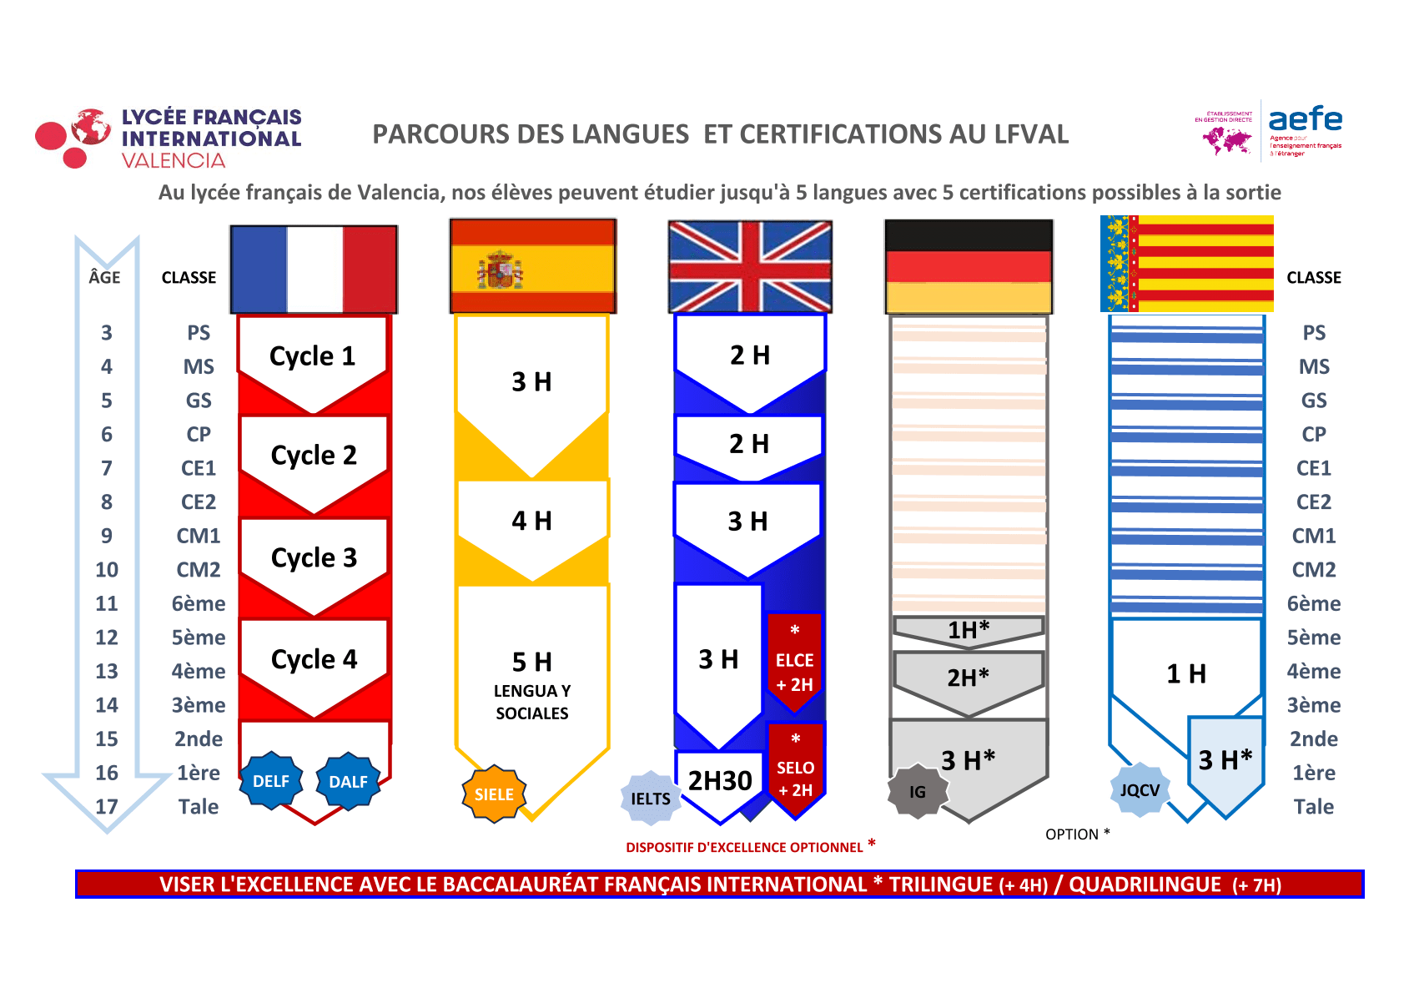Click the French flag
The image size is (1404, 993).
(314, 269)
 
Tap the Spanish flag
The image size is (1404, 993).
(532, 266)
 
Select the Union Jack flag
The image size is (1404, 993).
(750, 266)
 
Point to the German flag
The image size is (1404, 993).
(969, 266)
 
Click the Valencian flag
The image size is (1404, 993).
(1187, 264)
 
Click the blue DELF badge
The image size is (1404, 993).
(271, 781)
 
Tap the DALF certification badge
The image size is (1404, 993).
(348, 781)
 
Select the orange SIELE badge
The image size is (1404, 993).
(494, 794)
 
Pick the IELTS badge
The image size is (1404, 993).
(651, 799)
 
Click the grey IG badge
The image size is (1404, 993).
(918, 792)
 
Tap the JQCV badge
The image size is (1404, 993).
(1140, 789)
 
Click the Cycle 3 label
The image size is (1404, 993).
(314, 557)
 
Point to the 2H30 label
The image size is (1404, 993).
(720, 780)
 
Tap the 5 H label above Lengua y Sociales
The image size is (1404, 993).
(532, 662)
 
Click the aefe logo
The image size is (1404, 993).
(1305, 120)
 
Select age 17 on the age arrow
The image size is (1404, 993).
(107, 807)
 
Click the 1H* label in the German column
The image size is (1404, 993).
(968, 630)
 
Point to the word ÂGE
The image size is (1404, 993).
(105, 277)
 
